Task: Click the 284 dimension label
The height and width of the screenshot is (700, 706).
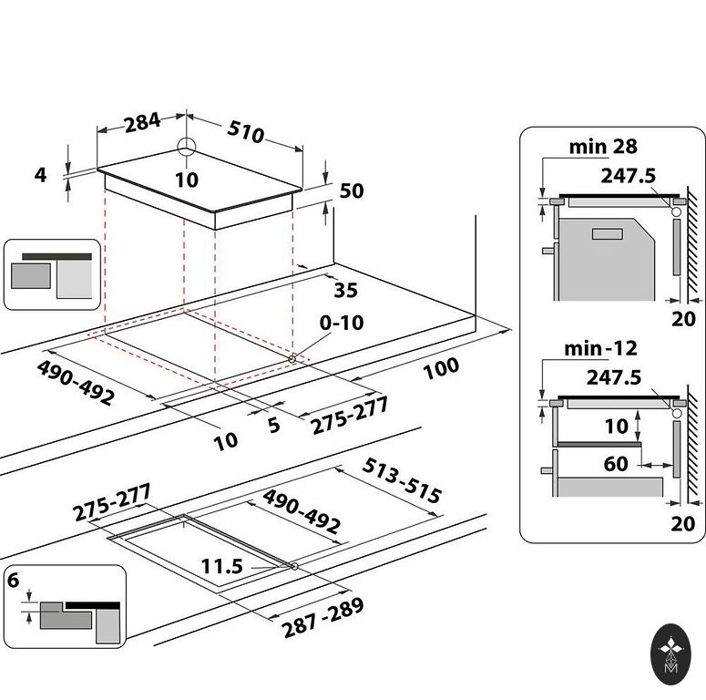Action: click(142, 121)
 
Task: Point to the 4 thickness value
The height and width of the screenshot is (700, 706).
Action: click(39, 173)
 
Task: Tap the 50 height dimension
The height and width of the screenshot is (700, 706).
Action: click(351, 190)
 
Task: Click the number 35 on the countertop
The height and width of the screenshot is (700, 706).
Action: click(346, 291)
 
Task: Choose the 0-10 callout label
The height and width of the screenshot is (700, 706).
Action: click(342, 323)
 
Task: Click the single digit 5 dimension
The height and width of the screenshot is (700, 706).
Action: click(273, 424)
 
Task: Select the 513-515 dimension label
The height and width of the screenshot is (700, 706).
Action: click(402, 480)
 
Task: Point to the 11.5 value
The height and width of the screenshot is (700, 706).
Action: click(222, 566)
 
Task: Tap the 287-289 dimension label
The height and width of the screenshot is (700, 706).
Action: click(322, 617)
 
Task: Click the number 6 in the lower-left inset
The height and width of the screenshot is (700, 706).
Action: click(13, 581)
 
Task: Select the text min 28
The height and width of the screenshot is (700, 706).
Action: click(603, 146)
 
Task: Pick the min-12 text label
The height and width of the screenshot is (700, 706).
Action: click(600, 348)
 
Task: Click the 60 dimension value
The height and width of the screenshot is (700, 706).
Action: click(616, 464)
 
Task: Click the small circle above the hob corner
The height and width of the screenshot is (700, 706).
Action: click(186, 148)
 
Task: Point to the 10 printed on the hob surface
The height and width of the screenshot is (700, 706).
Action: click(186, 180)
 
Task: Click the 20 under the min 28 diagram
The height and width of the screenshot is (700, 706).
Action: click(682, 318)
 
